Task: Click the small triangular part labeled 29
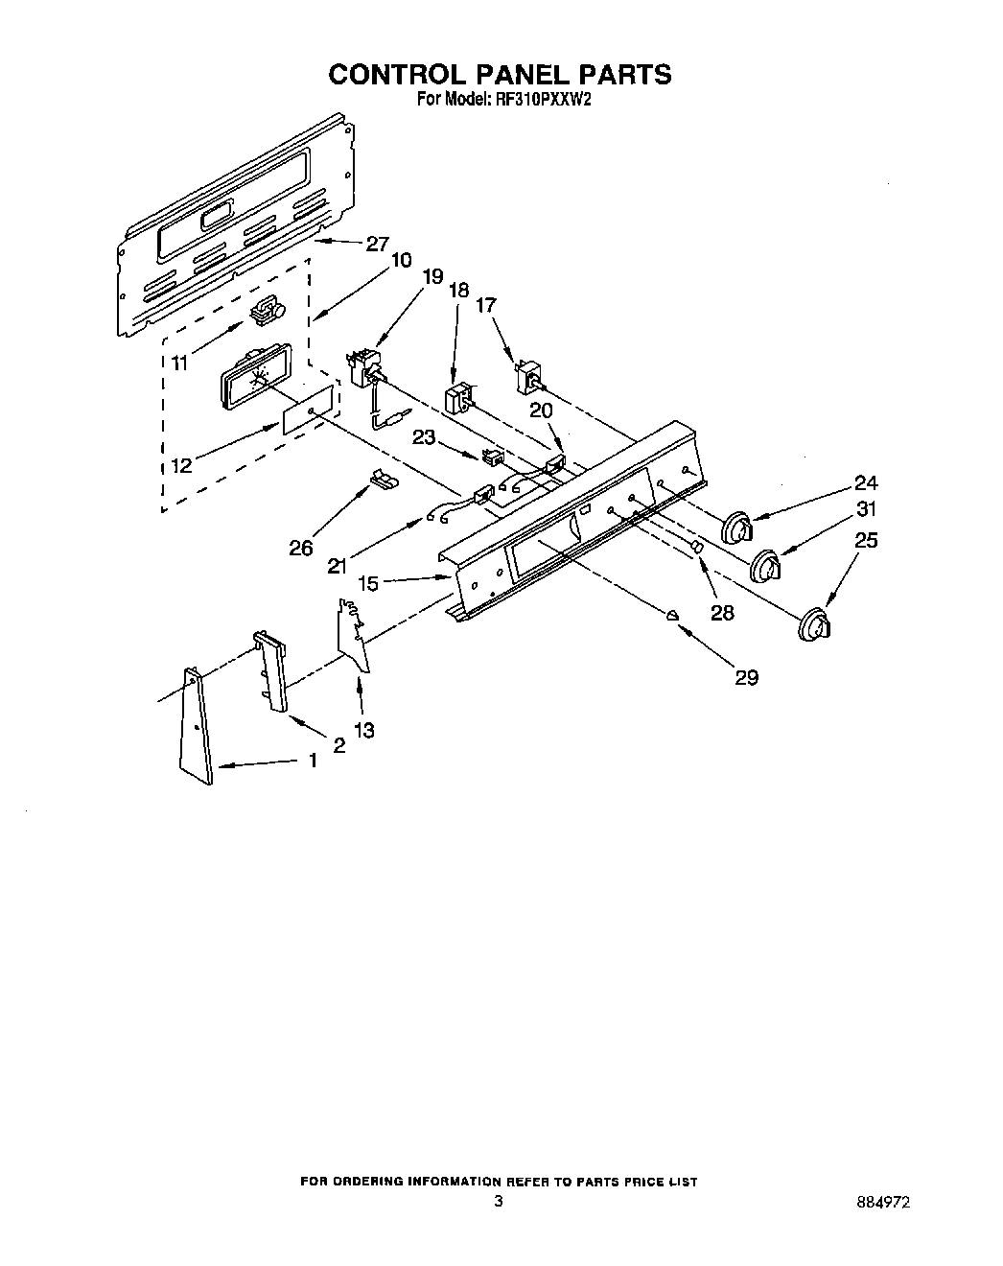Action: [673, 613]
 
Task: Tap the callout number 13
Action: [363, 730]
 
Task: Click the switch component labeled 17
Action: [527, 378]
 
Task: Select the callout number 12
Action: [181, 465]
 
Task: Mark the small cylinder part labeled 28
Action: [697, 546]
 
